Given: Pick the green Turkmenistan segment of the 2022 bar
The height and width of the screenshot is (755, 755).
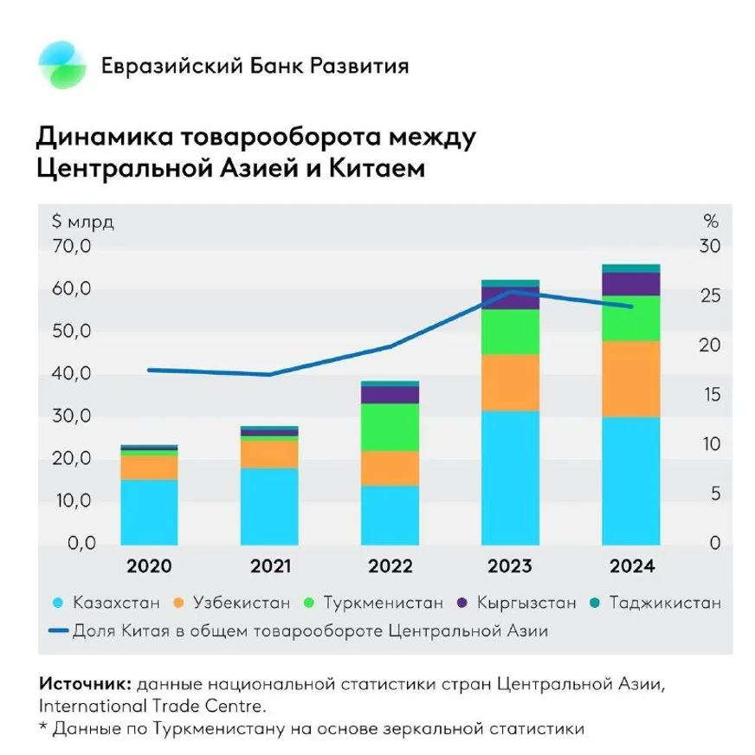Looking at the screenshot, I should tap(390, 427).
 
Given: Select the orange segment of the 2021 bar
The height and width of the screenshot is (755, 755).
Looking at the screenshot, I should tap(269, 454).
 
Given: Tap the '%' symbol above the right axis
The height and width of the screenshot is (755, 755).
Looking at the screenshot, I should tap(709, 219).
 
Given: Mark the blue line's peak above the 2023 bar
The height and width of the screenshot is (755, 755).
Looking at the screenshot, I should tap(513, 291).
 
